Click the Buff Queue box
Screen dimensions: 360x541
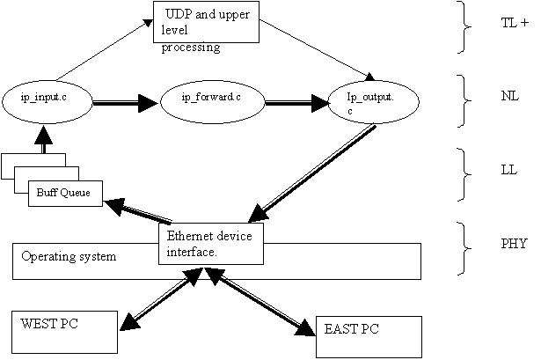click(x=66, y=191)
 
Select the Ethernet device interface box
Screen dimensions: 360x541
click(x=211, y=242)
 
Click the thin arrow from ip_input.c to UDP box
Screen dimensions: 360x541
click(x=101, y=52)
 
